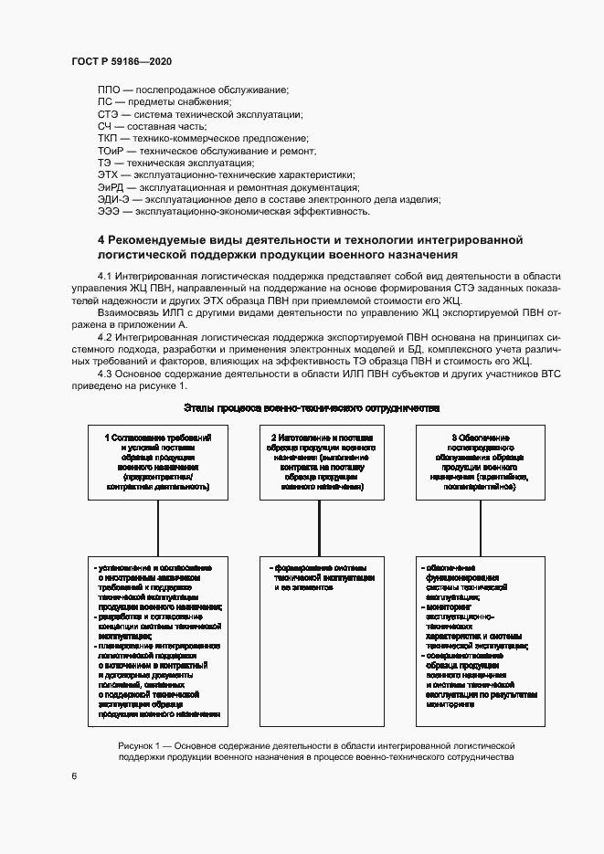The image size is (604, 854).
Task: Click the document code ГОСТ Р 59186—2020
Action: (121, 61)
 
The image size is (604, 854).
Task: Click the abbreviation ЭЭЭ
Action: (110, 212)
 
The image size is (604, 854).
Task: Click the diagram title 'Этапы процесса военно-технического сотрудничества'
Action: (312, 407)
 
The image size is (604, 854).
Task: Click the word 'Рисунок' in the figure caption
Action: (136, 746)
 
